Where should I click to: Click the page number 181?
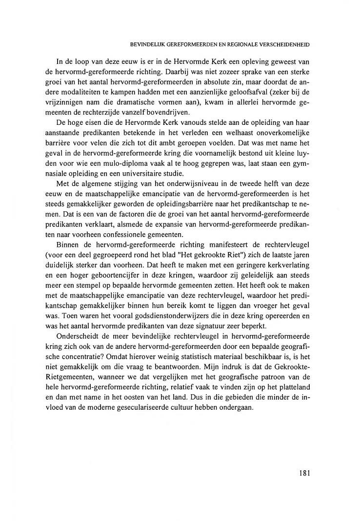click(x=304, y=472)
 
